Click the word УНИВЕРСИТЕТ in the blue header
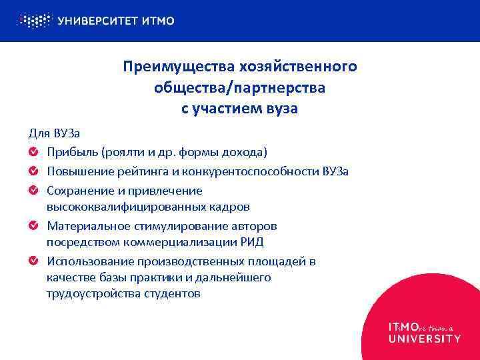[x=98, y=21]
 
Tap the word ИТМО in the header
[x=159, y=21]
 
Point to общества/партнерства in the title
[x=240, y=87]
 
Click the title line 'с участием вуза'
[x=240, y=109]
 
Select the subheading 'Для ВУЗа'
[x=54, y=133]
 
